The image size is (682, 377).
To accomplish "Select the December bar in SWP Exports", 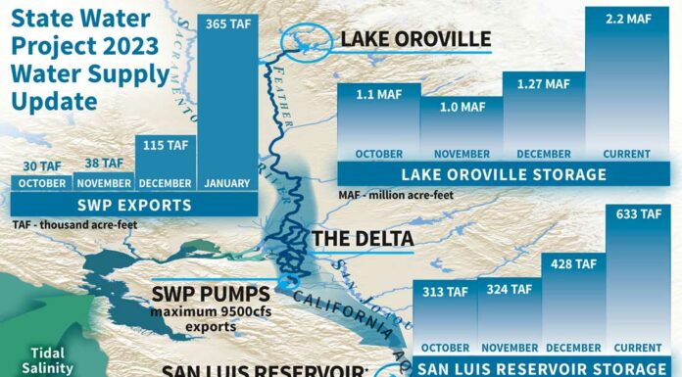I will point(166,166).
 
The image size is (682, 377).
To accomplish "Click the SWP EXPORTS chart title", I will point(135,205).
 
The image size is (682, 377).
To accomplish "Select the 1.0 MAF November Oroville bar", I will point(461,132).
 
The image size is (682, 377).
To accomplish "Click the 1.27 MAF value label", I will point(543,84).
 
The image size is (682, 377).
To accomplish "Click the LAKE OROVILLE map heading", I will point(415,39).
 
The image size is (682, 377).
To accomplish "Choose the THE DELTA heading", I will point(362,238).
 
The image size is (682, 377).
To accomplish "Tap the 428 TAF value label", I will point(572,263).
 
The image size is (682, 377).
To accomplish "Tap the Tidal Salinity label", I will point(44,360).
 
